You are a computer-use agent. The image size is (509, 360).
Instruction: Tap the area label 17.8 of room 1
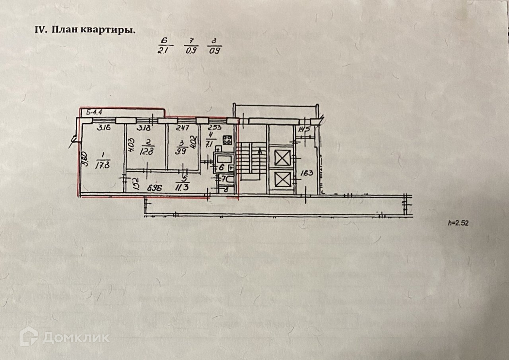(102, 166)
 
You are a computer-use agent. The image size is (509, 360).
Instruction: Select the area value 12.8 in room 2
(147, 151)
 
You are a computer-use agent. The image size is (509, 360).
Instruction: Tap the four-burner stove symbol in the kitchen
(227, 140)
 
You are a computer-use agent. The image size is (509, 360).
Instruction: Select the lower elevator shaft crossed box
(283, 180)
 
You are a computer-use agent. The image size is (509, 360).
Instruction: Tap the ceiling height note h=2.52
(458, 223)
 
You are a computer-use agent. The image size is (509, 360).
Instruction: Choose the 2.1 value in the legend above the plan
(162, 50)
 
